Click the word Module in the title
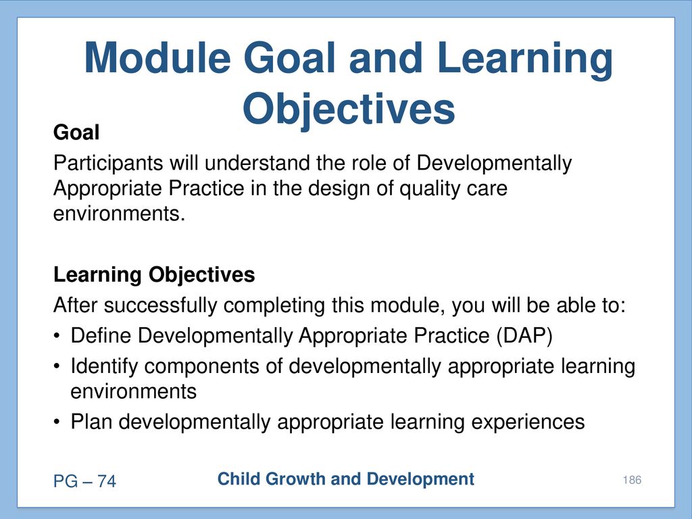[157, 57]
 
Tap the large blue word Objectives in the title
[349, 109]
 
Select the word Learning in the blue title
[524, 60]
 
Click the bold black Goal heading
[76, 132]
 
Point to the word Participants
[108, 164]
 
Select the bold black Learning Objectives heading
[154, 275]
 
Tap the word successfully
[161, 306]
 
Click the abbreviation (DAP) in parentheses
[524, 336]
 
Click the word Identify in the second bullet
[104, 367]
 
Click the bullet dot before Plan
[57, 422]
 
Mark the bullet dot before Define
[57, 337]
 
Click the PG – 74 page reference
[84, 481]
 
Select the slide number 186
[632, 480]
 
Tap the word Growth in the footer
[295, 479]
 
